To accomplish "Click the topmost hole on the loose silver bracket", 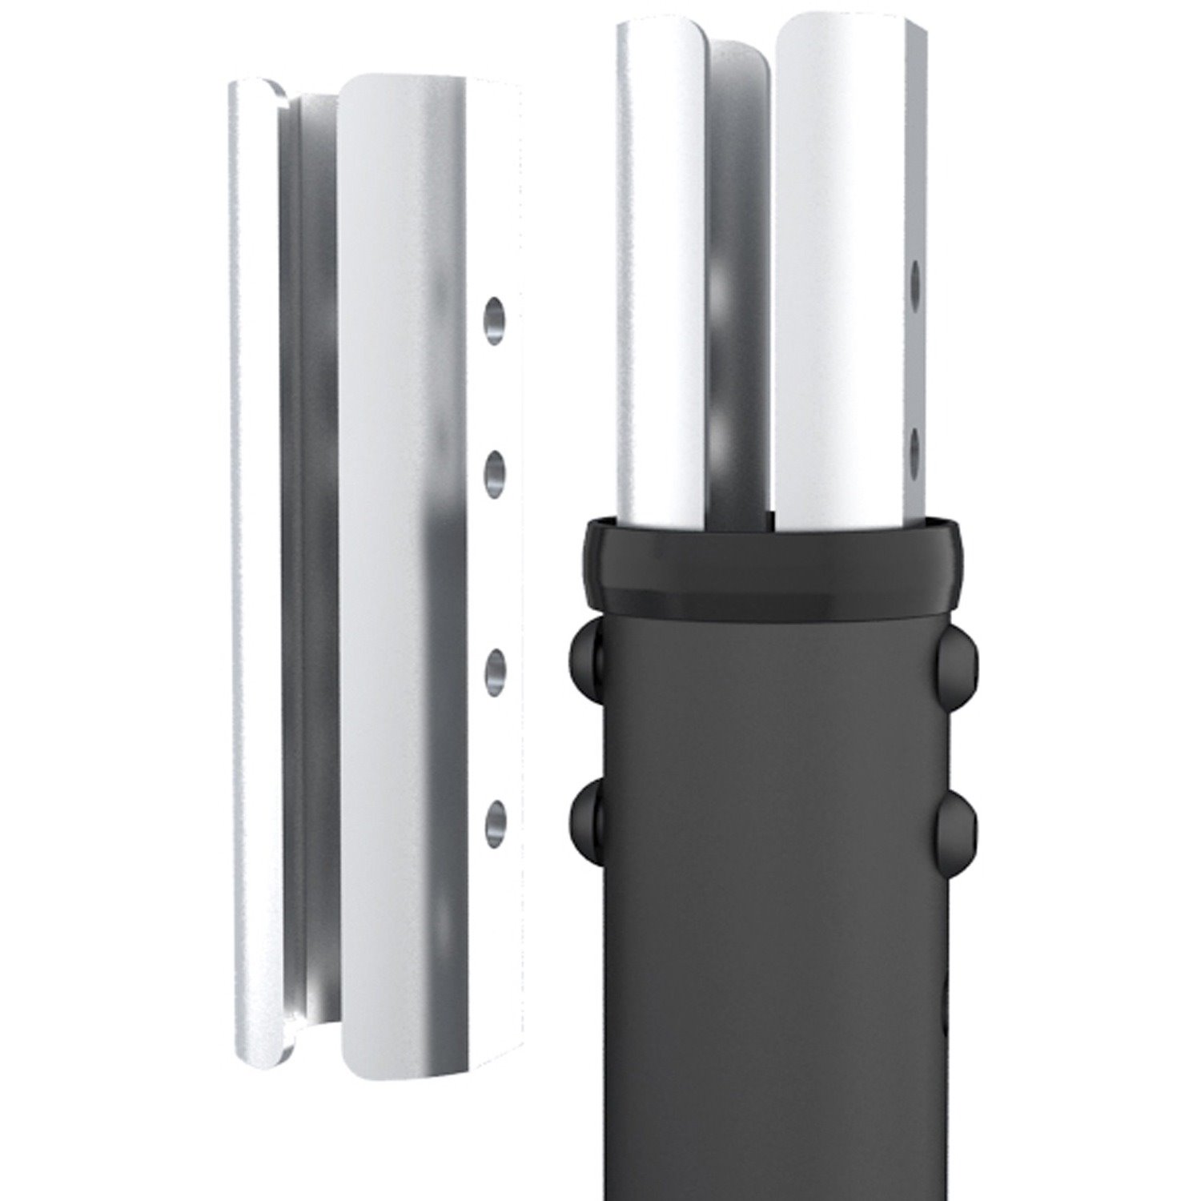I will [496, 316].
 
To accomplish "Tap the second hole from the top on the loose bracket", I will [496, 468].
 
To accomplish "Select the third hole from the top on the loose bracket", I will [496, 669].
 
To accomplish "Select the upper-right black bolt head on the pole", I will [955, 645].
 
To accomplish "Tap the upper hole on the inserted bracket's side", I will [916, 282].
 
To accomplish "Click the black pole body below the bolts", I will [769, 1041].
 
